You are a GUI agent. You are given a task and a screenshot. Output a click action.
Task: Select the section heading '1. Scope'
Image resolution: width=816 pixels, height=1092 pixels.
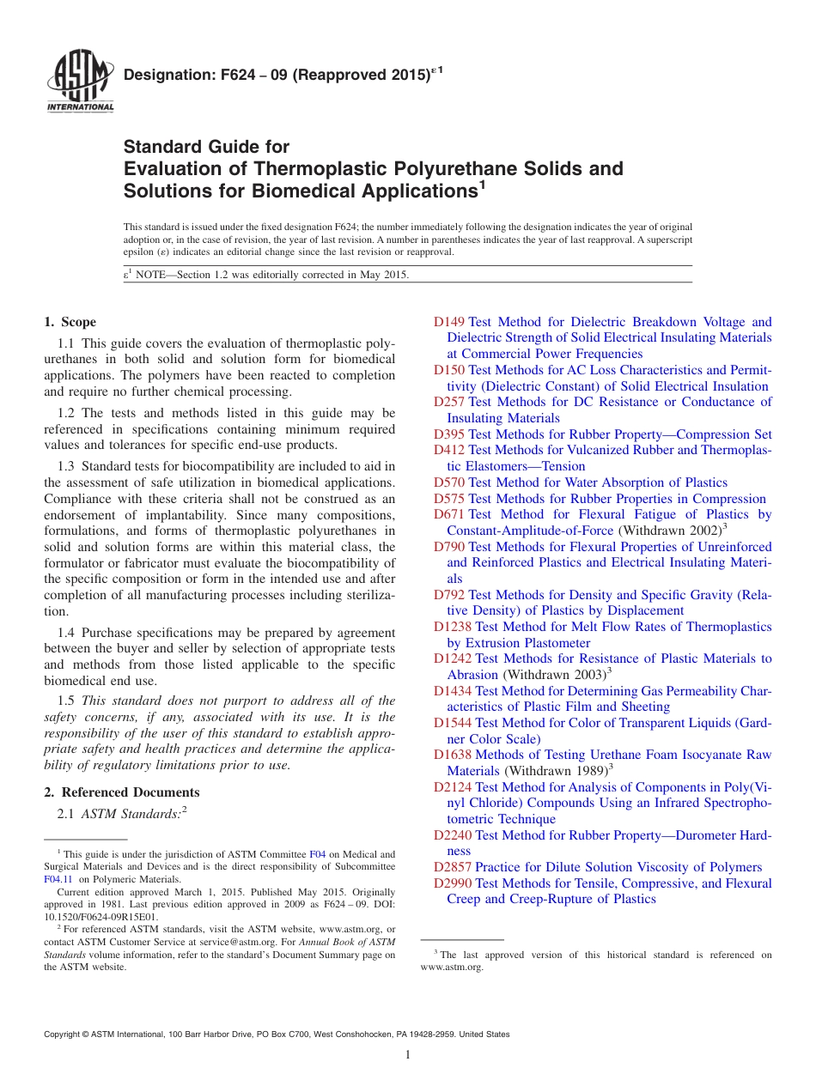click(70, 322)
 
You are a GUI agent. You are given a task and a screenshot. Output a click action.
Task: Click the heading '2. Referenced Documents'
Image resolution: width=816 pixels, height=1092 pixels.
click(122, 792)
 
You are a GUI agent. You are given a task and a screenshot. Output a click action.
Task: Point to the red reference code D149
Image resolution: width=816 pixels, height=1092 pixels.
click(449, 322)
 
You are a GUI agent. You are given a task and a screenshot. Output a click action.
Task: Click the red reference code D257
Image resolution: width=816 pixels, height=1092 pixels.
click(449, 402)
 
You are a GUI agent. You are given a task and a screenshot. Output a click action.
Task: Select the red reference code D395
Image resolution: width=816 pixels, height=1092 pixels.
click(449, 434)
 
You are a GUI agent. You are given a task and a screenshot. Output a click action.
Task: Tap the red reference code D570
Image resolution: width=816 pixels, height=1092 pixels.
click(449, 482)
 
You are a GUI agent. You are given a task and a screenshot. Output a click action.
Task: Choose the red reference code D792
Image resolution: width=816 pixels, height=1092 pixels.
click(449, 595)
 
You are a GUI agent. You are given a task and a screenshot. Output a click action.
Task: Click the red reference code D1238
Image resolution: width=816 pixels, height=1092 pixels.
click(453, 627)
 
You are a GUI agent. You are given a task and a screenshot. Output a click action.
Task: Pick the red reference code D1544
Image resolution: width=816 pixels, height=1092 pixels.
click(453, 723)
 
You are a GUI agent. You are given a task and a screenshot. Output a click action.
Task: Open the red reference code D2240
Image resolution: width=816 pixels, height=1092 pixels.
click(453, 835)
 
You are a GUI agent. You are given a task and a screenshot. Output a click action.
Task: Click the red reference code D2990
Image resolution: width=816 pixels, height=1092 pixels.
click(453, 883)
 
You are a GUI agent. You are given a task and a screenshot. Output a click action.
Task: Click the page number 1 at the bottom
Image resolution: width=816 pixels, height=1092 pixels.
click(408, 1055)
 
